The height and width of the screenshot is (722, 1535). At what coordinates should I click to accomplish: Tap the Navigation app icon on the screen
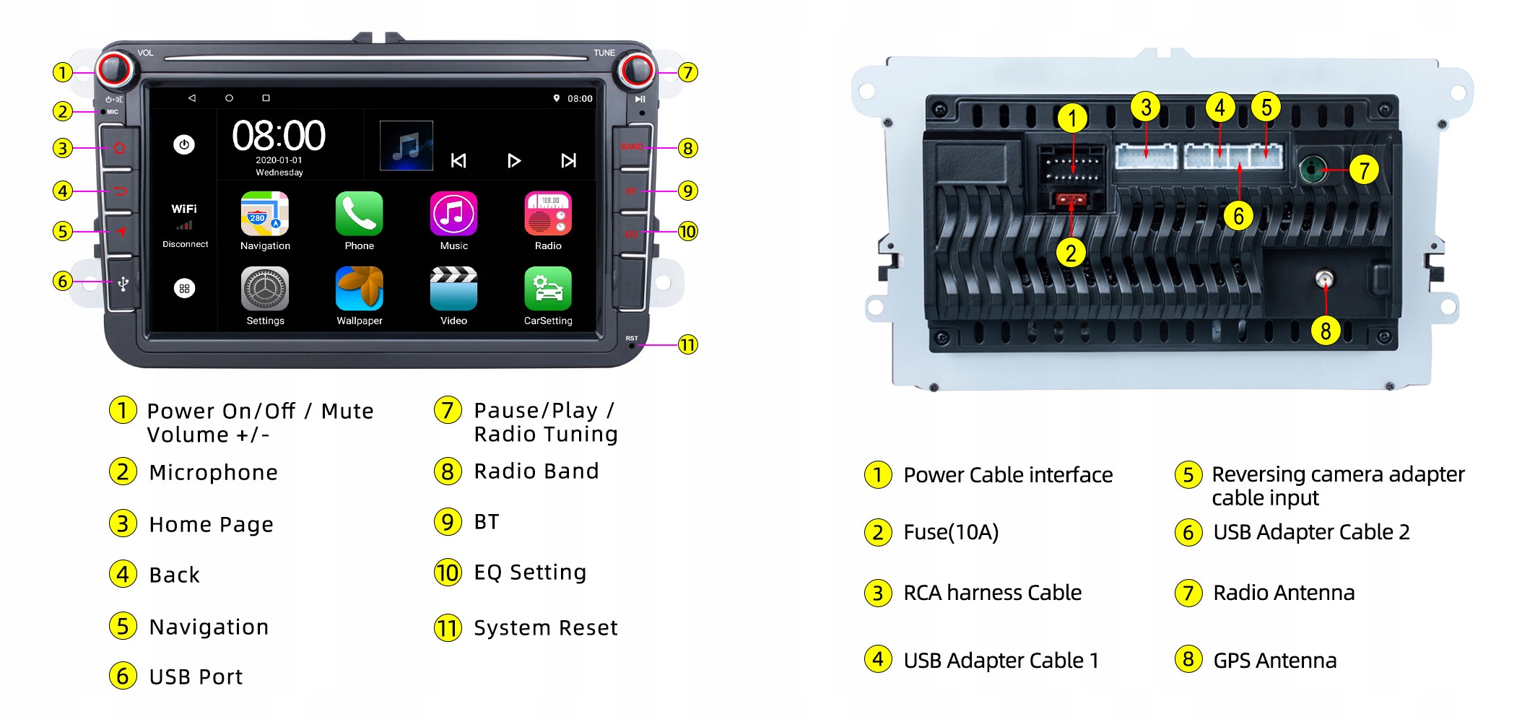pyautogui.click(x=264, y=214)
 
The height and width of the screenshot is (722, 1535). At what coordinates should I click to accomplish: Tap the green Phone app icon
pyautogui.click(x=359, y=214)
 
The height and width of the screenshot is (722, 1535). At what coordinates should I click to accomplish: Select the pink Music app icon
pyautogui.click(x=453, y=214)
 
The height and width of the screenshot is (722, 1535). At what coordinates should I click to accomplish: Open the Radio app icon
pyautogui.click(x=548, y=214)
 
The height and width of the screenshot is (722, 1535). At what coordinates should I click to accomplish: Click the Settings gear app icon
pyautogui.click(x=264, y=289)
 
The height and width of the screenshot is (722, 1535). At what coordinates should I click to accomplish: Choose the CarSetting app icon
pyautogui.click(x=548, y=289)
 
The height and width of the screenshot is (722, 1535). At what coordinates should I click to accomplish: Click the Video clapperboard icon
pyautogui.click(x=453, y=289)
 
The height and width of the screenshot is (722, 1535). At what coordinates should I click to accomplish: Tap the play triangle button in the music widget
pyautogui.click(x=513, y=160)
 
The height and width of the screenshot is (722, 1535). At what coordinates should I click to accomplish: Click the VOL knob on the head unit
pyautogui.click(x=114, y=70)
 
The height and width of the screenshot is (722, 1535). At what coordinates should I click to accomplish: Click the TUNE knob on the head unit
pyautogui.click(x=636, y=70)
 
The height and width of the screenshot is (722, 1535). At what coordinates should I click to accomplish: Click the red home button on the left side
pyautogui.click(x=120, y=148)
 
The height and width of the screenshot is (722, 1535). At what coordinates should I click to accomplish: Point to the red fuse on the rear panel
pyautogui.click(x=1071, y=199)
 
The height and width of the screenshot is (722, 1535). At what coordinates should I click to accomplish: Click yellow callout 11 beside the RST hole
pyautogui.click(x=688, y=344)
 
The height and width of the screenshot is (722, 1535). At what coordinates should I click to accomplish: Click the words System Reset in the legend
pyautogui.click(x=545, y=627)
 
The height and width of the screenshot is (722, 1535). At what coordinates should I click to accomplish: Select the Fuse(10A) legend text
pyautogui.click(x=951, y=532)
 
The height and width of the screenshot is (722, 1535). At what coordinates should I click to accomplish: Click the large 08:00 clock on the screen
pyautogui.click(x=279, y=136)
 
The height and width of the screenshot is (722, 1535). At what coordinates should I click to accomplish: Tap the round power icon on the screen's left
pyautogui.click(x=184, y=144)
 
